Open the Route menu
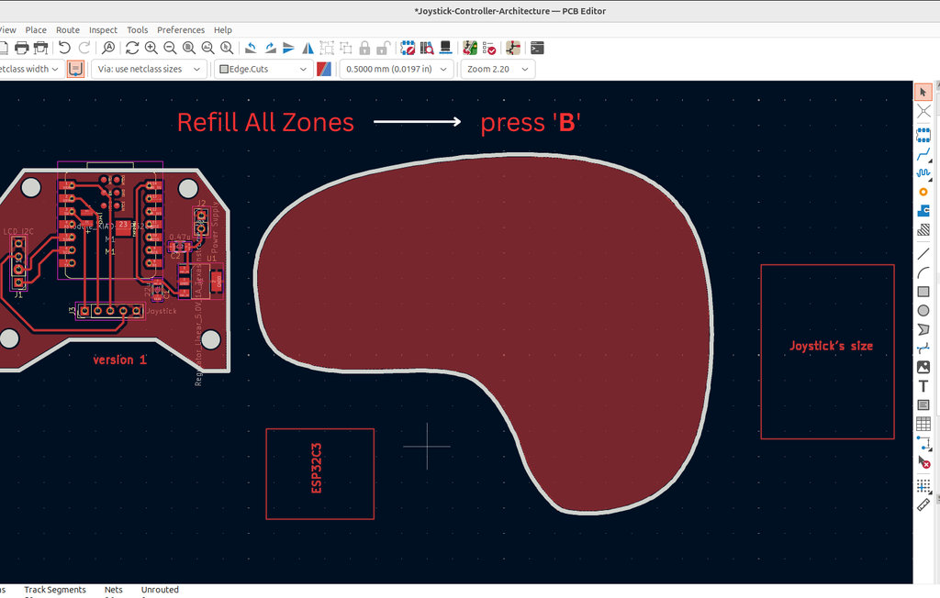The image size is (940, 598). (68, 29)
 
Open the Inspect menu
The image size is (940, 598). (103, 29)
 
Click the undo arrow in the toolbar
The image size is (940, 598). (64, 48)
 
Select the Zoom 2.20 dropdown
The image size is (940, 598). (498, 69)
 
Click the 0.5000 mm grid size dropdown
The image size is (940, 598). (397, 69)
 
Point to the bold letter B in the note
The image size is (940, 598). (567, 123)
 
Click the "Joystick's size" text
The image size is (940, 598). (831, 346)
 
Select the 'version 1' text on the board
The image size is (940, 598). (120, 360)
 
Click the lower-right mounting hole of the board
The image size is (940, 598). (211, 340)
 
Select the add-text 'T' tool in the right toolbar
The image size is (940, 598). (923, 386)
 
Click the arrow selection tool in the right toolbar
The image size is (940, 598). (923, 92)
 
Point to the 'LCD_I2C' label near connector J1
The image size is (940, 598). (18, 231)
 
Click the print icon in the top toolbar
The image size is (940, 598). (40, 48)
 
